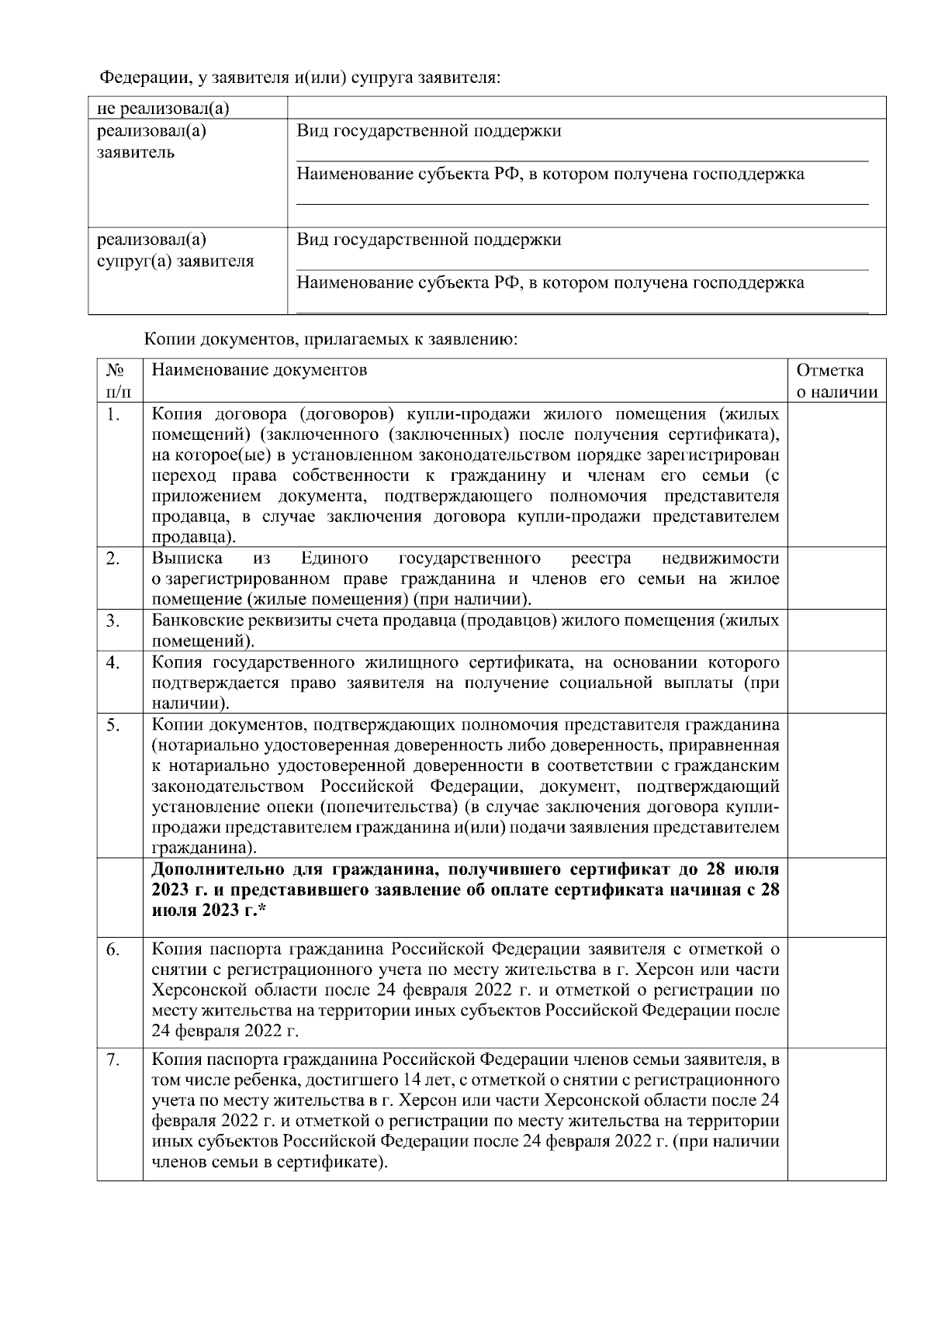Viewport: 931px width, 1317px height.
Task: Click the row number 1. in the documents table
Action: coord(114,415)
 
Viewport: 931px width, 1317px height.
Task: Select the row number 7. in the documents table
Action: coord(114,1060)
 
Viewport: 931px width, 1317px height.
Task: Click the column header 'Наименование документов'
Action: coord(259,370)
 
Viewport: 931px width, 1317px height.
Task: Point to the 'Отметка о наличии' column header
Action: coord(836,381)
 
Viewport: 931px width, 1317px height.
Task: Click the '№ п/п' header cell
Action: coord(119,381)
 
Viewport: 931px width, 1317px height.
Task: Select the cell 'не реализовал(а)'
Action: coord(163,108)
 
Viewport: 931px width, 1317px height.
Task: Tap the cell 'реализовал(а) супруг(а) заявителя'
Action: coord(175,250)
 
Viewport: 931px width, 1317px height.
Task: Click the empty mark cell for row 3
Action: coord(836,631)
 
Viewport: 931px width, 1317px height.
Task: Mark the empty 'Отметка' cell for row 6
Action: coord(836,992)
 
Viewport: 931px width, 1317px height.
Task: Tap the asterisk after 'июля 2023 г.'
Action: coord(264,910)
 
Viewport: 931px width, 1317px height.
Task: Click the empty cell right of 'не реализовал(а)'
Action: coord(586,108)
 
